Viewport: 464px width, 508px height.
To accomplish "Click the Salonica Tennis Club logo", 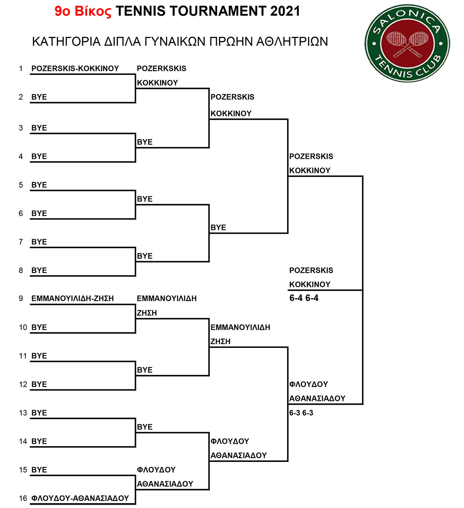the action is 407,43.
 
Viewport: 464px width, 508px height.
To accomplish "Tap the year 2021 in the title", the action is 285,11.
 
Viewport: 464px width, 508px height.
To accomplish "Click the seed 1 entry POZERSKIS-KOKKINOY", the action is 75,69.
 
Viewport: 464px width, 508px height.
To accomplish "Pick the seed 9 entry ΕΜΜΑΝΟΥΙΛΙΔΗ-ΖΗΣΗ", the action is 72,298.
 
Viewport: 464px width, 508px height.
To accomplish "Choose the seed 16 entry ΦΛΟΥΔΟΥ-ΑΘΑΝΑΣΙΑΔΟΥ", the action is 80,498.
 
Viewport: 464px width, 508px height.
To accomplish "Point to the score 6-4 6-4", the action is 304,298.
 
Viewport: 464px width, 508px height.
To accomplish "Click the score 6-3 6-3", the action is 301,413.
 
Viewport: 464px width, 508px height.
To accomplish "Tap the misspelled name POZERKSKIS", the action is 161,69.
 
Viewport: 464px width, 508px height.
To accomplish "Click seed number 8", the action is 21,270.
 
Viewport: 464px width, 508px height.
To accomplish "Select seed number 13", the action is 23,413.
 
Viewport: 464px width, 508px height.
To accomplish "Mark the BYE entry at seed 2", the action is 39,97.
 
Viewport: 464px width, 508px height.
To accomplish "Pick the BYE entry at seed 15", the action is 39,470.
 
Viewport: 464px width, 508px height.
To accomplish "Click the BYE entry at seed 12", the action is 39,384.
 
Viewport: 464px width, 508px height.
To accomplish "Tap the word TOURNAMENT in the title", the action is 217,11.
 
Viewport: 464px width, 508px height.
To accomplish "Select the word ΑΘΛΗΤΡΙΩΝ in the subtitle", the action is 292,41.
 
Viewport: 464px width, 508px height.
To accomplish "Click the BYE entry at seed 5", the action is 39,185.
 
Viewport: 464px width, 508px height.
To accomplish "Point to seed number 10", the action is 23,327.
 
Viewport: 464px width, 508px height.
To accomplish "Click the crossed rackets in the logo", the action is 407,44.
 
